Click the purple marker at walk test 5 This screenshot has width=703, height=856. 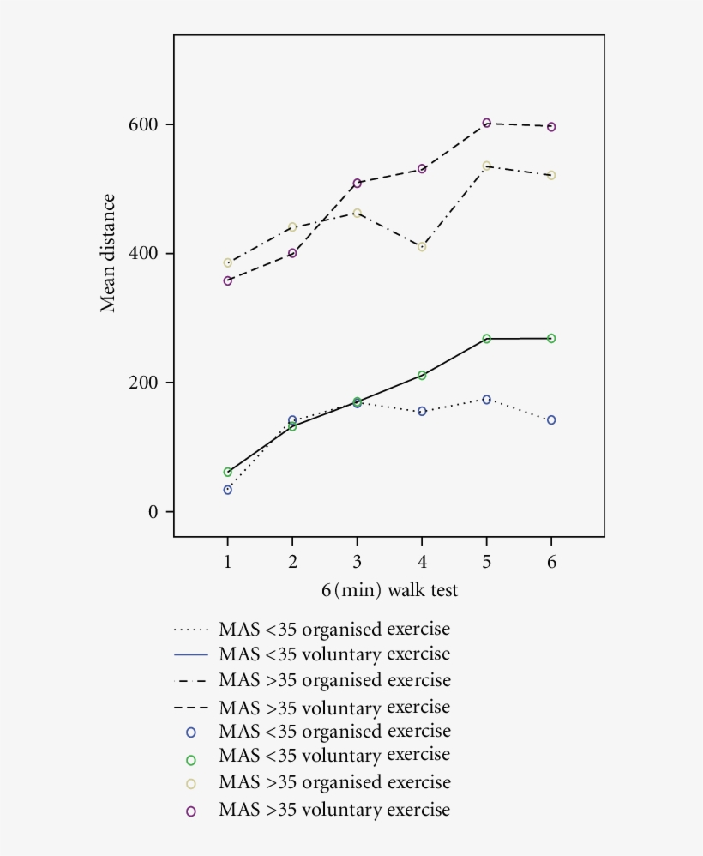[487, 123]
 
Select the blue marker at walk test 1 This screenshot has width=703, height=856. [228, 490]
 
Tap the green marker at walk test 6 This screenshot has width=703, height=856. [551, 338]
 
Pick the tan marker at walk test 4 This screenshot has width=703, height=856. [422, 246]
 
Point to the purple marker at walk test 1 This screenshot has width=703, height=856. [228, 280]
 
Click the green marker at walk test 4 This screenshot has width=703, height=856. [422, 375]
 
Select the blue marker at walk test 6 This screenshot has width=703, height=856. [551, 419]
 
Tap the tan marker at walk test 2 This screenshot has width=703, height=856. [292, 227]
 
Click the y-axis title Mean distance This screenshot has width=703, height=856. [109, 253]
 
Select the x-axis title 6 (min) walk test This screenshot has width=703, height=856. [389, 590]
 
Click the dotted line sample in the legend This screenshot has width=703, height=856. [190, 630]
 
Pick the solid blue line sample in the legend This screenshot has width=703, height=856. [190, 654]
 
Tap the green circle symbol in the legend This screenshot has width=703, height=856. [190, 759]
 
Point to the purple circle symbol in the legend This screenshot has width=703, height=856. [190, 811]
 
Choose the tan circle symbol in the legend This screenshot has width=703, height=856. [190, 784]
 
